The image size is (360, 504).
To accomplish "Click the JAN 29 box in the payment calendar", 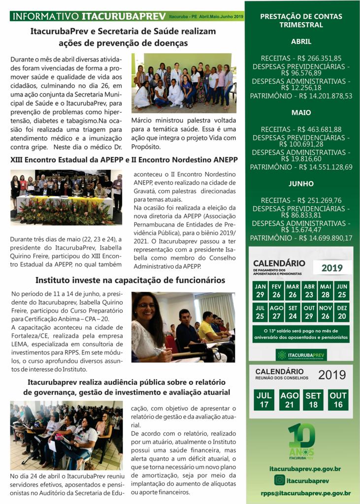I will [260, 291].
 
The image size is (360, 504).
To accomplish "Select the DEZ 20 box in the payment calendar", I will [342, 313].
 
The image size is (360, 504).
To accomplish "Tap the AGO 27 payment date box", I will [277, 313].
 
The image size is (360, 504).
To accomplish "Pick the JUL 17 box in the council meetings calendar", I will [264, 400].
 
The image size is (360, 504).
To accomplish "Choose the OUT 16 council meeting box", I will [338, 400].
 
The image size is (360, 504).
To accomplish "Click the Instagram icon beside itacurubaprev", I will [280, 480].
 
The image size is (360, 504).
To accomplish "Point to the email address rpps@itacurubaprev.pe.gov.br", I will [306, 493].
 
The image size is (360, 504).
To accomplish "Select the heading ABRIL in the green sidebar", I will [301, 42].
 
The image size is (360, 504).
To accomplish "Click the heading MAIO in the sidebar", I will [301, 113].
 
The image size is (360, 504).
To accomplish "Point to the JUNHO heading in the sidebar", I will [301, 184].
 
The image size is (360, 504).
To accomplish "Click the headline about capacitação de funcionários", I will [130, 281].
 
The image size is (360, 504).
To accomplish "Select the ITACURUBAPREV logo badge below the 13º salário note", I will [301, 354].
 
